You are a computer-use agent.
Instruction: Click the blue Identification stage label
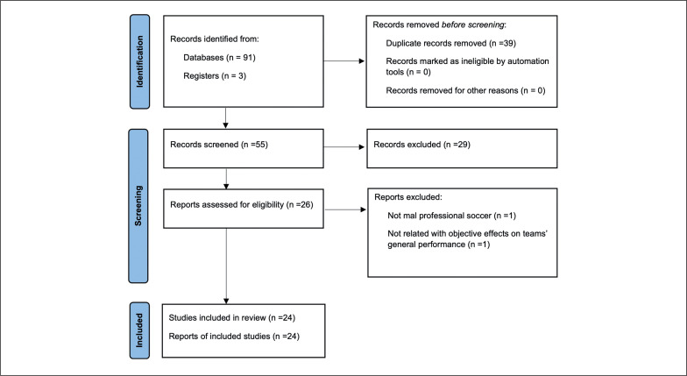(140, 61)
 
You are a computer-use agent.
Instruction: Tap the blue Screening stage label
(138, 205)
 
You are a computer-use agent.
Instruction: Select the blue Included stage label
(139, 330)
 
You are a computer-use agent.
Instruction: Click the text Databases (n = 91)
(219, 58)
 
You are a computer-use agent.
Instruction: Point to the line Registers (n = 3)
(215, 75)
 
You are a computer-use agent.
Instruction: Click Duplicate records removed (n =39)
(450, 43)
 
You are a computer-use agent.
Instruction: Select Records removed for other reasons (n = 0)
(465, 90)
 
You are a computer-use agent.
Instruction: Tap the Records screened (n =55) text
(219, 144)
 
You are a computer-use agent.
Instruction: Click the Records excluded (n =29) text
(421, 144)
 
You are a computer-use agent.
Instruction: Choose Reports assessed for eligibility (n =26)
(242, 204)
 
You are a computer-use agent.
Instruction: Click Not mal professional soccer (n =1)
(452, 216)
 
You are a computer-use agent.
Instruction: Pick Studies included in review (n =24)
(231, 317)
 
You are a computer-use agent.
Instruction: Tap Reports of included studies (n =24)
(234, 337)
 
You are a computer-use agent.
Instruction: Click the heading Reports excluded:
(408, 197)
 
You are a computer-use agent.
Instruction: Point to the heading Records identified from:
(215, 39)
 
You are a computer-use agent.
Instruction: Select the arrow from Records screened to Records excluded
(343, 147)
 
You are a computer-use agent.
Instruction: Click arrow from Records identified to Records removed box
(343, 61)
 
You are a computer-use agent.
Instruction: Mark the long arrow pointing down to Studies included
(226, 266)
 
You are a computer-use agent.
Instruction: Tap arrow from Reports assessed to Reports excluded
(345, 209)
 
